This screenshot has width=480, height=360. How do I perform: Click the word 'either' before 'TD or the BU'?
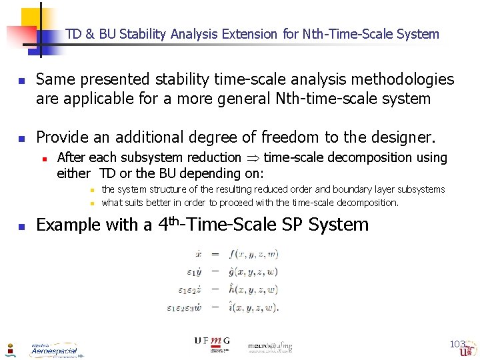click(73, 173)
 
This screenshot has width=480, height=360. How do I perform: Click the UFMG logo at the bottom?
click(212, 342)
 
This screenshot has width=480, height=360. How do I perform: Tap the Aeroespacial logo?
click(54, 349)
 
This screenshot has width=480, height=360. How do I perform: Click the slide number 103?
click(457, 344)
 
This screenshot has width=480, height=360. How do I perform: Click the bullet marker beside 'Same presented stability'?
click(20, 81)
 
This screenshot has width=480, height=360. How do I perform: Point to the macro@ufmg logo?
click(269, 346)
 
